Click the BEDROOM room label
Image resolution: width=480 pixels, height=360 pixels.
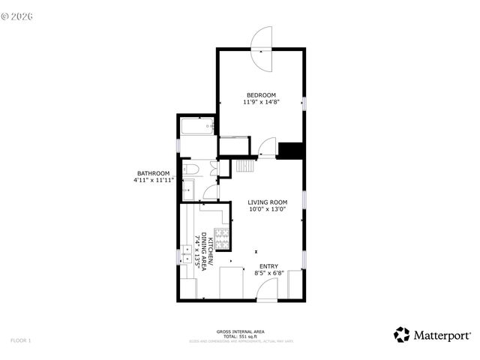point(261,95)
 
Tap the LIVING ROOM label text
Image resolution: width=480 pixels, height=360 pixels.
point(268,202)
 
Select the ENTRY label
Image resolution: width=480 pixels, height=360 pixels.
point(268,266)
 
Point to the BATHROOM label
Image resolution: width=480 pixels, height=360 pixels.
point(153,174)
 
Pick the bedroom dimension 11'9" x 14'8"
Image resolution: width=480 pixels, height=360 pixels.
point(261,103)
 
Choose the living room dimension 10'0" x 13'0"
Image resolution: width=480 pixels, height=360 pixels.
point(268,210)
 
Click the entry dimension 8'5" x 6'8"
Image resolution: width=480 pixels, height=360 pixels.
point(268,274)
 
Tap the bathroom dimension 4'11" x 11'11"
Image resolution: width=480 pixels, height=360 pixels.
point(153,181)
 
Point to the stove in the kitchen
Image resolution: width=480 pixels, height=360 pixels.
point(222,238)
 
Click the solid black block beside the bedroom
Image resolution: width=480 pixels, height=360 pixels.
point(289,150)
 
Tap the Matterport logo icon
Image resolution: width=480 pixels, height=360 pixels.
point(402,334)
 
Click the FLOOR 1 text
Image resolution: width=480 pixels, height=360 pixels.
point(21,340)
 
